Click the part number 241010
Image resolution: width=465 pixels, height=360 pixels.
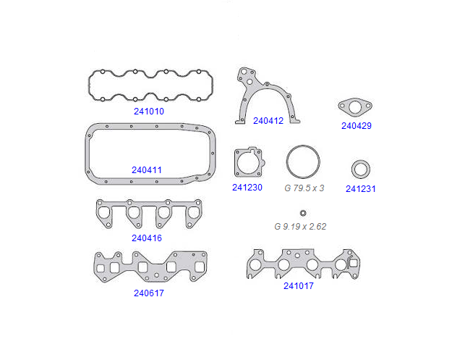tap(149, 112)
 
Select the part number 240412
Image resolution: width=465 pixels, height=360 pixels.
tap(268, 121)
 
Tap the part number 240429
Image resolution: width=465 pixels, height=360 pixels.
tap(357, 126)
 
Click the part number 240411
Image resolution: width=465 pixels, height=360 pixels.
tap(147, 170)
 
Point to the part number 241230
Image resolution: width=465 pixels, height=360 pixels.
tap(247, 188)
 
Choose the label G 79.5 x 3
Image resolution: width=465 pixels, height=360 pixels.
tap(304, 188)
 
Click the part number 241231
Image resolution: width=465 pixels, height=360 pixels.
tap(361, 189)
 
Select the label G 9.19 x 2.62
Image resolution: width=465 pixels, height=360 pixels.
tap(300, 227)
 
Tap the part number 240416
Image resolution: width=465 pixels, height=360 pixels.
tap(147, 238)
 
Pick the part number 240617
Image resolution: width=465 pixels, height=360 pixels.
tap(149, 293)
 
